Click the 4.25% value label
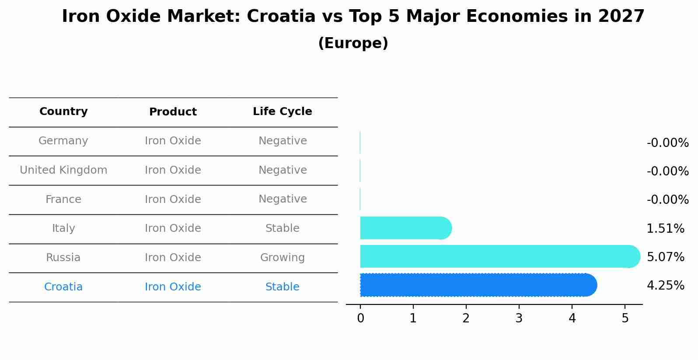tap(665, 286)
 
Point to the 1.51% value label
tap(665, 228)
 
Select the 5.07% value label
tap(665, 257)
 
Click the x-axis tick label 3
tap(519, 318)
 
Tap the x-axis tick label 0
tap(360, 318)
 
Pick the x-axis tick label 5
tap(625, 318)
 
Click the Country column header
tap(63, 112)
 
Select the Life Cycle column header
tap(283, 112)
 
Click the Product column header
tap(173, 112)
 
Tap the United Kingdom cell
tap(63, 170)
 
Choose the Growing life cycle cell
tap(283, 258)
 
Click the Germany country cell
tap(63, 141)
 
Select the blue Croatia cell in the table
tap(63, 287)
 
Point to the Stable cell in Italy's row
tap(283, 228)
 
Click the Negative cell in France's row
tap(283, 199)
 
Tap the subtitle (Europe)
tap(353, 43)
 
